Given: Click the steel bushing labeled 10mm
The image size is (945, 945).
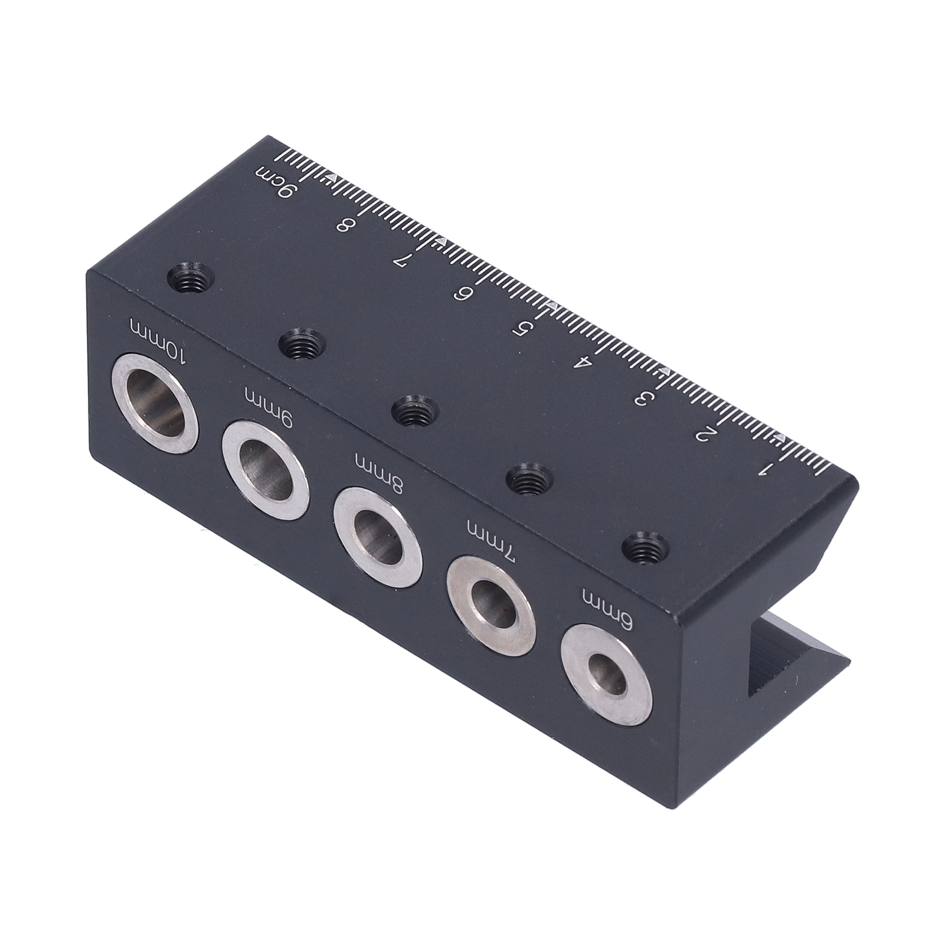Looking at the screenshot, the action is (x=156, y=404).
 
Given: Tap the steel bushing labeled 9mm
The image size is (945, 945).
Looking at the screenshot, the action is (x=267, y=470).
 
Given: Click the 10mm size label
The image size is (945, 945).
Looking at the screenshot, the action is (x=159, y=341).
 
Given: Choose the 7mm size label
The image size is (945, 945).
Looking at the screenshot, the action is (x=491, y=541).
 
